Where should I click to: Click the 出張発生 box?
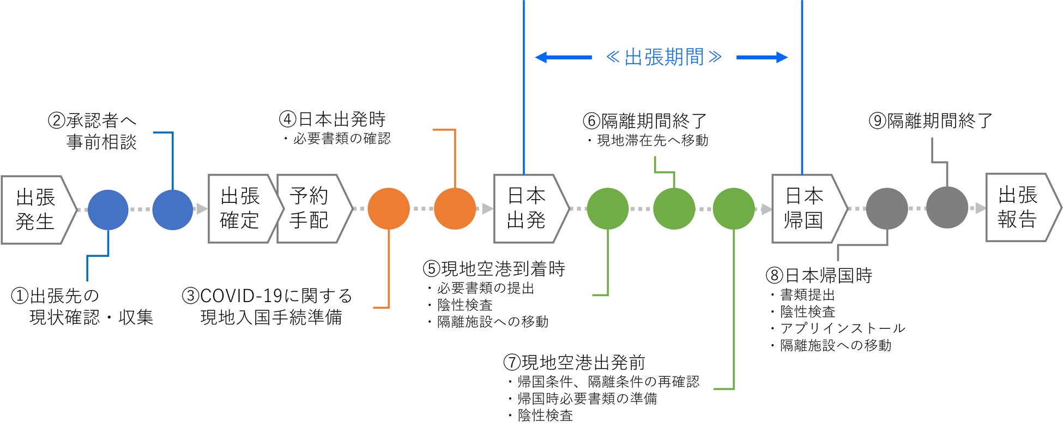[x=36, y=209]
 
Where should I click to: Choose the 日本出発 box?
[x=527, y=208]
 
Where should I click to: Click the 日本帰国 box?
[x=805, y=208]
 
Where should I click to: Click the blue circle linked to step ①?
[x=108, y=210]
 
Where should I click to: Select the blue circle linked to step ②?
[x=173, y=210]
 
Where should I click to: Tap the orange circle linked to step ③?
[x=389, y=209]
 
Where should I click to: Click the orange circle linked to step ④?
[x=455, y=209]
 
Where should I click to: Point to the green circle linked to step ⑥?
[x=674, y=209]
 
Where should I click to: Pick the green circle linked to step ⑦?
[x=734, y=209]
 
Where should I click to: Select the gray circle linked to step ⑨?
[x=947, y=208]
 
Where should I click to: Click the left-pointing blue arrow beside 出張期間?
[x=563, y=57]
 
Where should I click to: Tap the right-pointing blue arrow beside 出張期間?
[x=762, y=57]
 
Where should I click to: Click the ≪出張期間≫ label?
[x=663, y=57]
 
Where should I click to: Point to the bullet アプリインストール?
[x=842, y=328]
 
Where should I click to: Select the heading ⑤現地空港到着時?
[x=494, y=269]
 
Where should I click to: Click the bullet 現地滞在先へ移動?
[x=653, y=141]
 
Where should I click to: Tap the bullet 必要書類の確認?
[x=342, y=139]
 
